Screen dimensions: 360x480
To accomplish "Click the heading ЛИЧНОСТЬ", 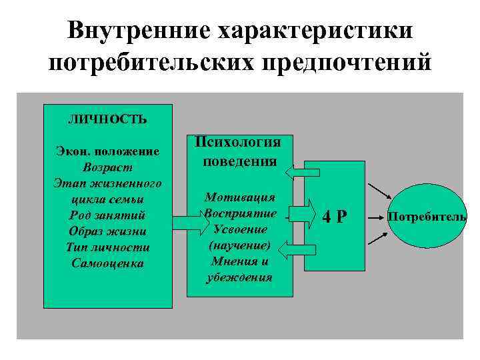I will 107,120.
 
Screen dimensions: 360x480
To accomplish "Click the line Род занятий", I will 107,215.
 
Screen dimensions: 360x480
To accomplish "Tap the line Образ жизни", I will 107,231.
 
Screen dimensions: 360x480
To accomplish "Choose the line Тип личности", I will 107,247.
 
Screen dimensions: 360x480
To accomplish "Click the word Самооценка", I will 107,263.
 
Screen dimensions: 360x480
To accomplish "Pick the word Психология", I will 239,143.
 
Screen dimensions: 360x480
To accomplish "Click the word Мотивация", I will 239,197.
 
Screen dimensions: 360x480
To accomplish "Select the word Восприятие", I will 239,213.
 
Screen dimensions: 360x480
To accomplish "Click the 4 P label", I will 335,217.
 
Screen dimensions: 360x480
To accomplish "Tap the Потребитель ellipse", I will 427,217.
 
